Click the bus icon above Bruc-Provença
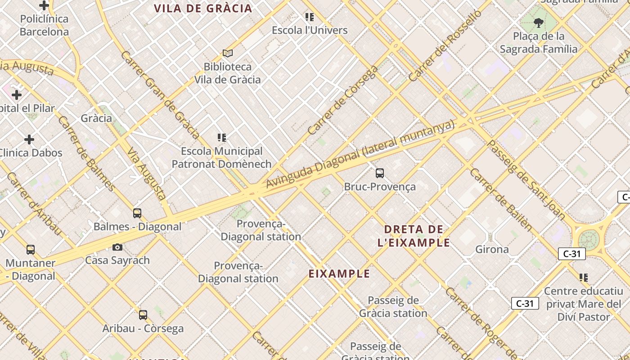[379, 173]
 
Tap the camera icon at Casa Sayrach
[117, 247]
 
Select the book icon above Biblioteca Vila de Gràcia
[228, 54]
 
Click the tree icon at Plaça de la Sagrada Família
[538, 22]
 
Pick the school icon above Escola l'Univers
[310, 17]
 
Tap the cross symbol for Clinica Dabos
[29, 139]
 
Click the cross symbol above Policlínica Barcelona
[44, 5]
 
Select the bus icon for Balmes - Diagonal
[137, 213]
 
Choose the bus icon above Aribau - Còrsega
[143, 315]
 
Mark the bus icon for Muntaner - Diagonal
[31, 249]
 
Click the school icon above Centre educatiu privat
[584, 277]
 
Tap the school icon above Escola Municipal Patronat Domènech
[221, 137]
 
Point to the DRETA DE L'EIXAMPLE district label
[414, 236]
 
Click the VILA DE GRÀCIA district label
[203, 9]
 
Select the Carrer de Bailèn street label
[500, 199]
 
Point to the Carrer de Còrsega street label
[342, 101]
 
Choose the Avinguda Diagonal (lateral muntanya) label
[360, 154]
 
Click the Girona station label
[492, 249]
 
